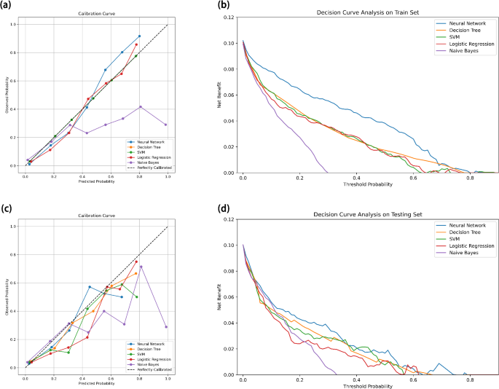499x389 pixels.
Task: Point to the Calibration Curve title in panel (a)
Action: pos(96,15)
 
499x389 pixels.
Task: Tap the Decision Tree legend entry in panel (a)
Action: pos(146,143)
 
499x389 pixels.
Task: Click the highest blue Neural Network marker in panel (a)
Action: pos(139,36)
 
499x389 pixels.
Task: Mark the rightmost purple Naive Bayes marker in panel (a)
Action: pos(166,125)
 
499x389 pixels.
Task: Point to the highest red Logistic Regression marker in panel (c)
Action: pos(136,262)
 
